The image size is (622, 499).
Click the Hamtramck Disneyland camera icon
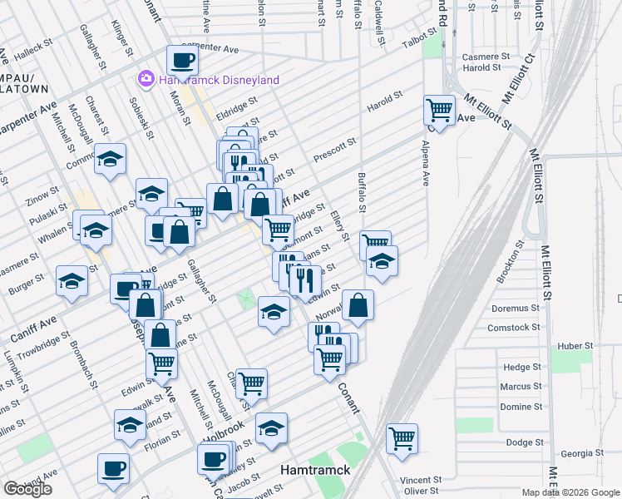146,79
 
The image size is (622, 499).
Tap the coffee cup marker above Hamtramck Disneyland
182,60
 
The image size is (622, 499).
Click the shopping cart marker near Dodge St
402,437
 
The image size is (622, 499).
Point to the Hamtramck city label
316,470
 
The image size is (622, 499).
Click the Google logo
27,489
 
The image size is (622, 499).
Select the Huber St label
575,345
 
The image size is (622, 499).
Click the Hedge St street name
522,367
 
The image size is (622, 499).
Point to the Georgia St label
579,453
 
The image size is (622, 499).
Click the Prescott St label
334,151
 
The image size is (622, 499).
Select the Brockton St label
509,262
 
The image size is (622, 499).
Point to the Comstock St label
509,328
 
